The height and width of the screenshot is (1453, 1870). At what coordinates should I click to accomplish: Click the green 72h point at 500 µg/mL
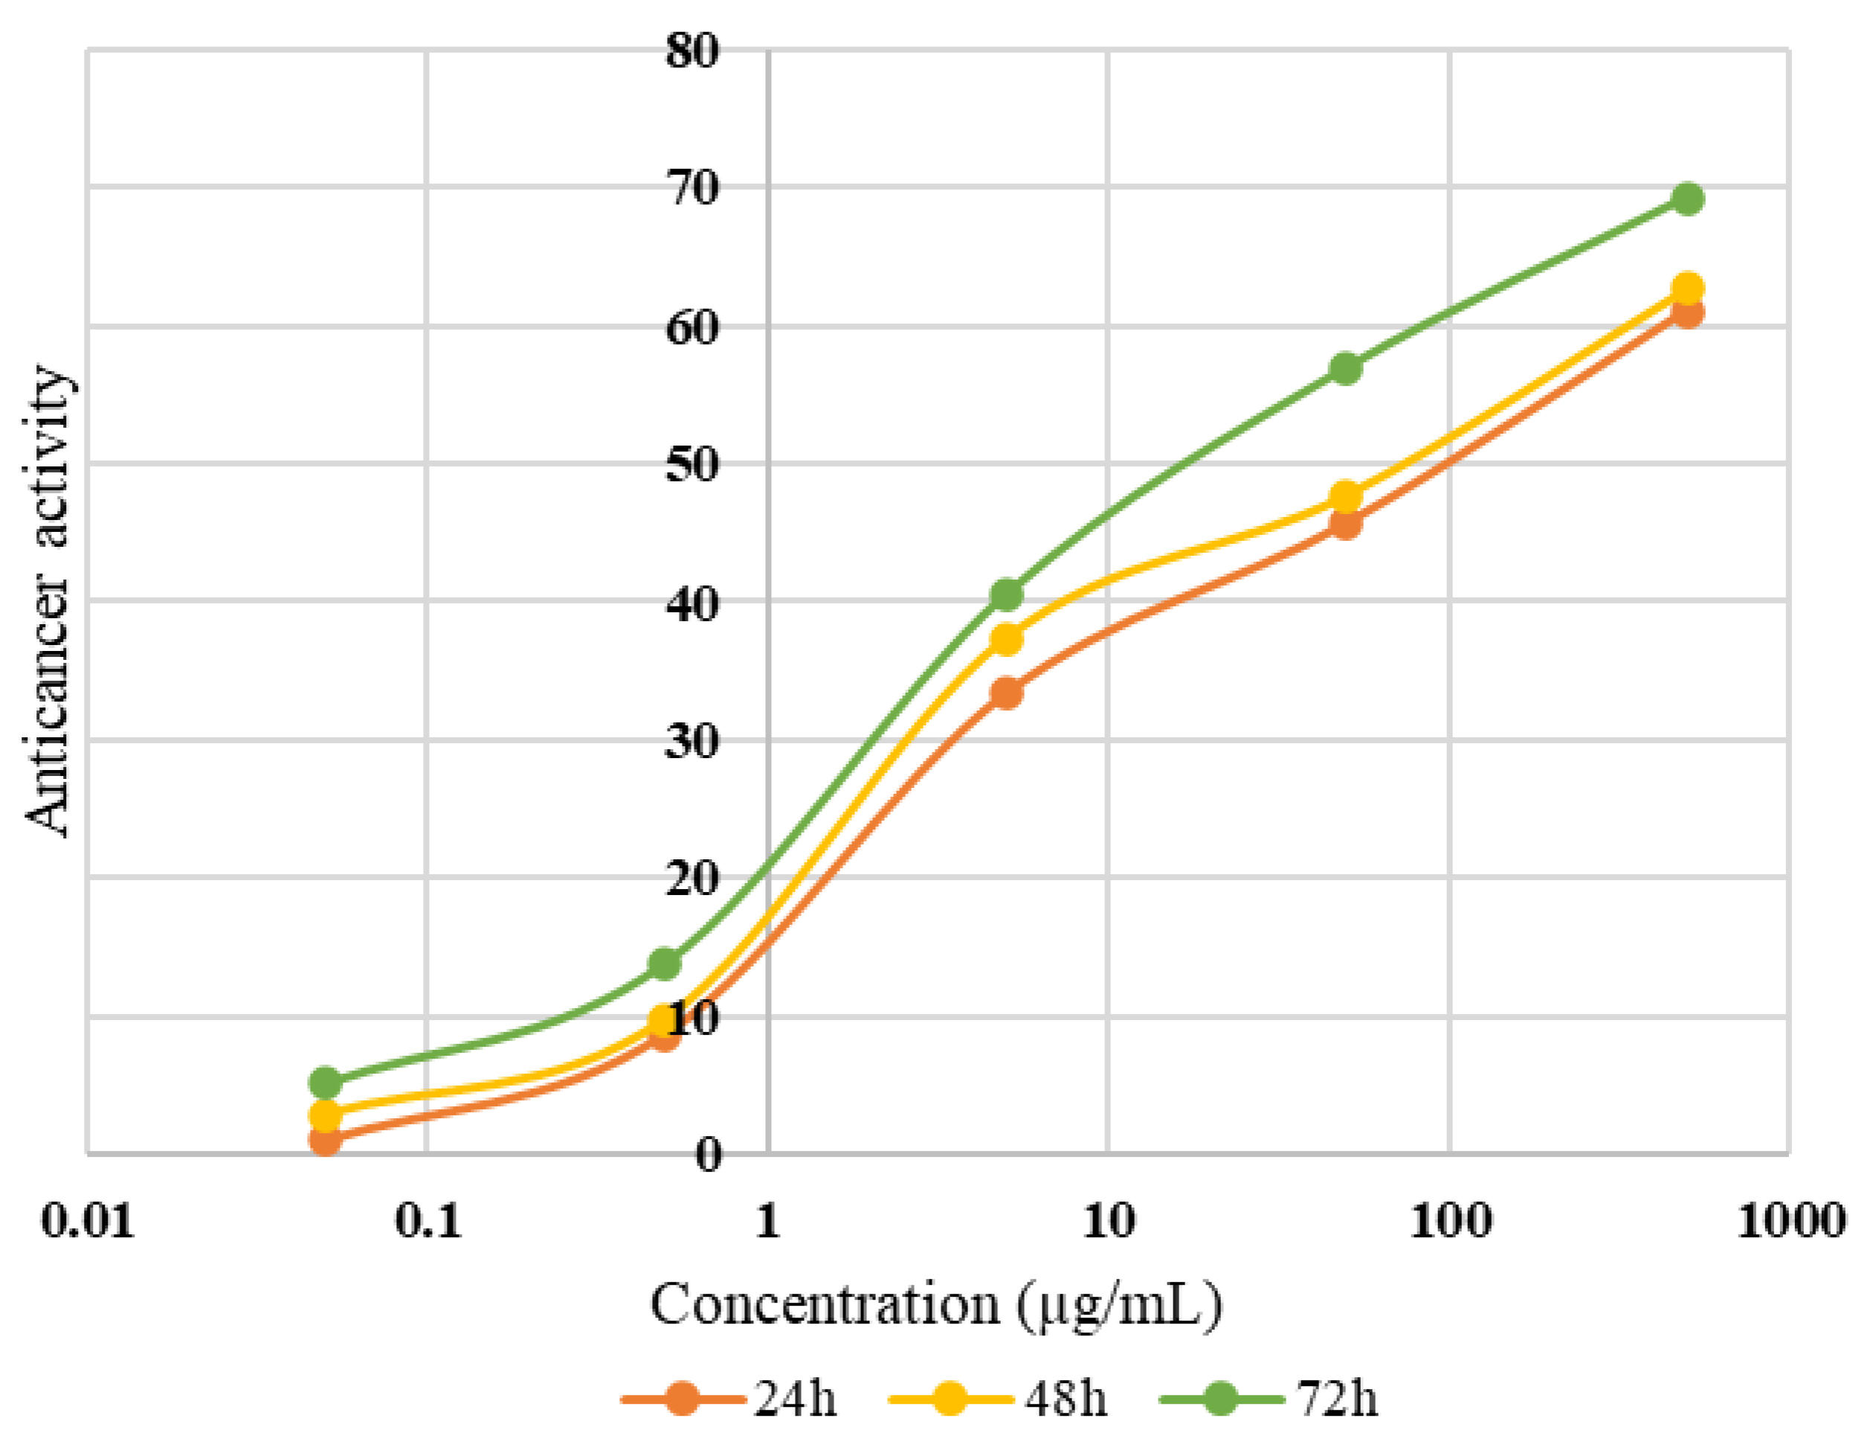click(1687, 199)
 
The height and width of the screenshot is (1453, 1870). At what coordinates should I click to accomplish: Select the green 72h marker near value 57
click(1346, 368)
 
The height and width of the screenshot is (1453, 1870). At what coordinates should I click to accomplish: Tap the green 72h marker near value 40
click(1007, 594)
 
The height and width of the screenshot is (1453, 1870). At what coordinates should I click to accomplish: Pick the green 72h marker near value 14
click(665, 963)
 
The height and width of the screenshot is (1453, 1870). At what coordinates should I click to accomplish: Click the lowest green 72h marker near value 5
click(326, 1083)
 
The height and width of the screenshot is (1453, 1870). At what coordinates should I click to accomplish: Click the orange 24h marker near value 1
click(326, 1140)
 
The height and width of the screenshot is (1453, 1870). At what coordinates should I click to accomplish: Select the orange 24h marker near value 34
click(1007, 692)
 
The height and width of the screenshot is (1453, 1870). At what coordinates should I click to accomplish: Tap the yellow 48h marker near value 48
click(1346, 496)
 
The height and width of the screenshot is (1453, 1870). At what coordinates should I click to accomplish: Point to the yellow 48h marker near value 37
click(1007, 639)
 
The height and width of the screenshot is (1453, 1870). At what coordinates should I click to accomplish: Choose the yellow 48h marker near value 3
click(326, 1115)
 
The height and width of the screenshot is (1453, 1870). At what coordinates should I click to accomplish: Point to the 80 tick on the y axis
click(691, 51)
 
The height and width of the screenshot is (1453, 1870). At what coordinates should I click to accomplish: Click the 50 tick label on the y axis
click(691, 465)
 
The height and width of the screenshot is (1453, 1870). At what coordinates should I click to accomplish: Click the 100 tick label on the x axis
click(1450, 1221)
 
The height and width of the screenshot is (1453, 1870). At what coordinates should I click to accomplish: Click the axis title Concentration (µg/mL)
click(936, 1306)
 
